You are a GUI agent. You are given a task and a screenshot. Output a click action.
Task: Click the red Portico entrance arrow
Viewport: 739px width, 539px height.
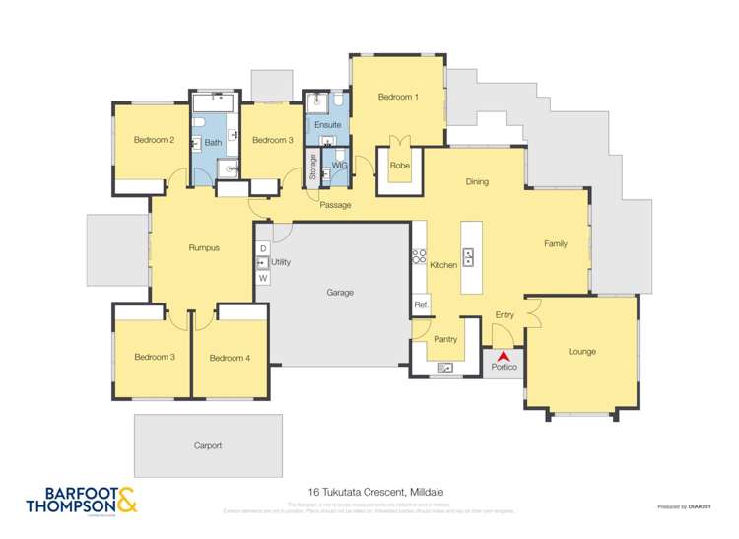click(x=504, y=355)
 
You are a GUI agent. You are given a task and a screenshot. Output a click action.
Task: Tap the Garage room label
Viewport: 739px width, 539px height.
click(x=340, y=293)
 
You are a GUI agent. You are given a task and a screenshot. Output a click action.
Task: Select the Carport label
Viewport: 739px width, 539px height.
click(x=208, y=445)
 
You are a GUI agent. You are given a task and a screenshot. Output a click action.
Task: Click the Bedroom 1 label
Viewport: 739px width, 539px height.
click(x=398, y=97)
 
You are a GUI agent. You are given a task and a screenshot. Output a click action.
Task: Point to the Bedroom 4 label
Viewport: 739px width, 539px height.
click(x=229, y=357)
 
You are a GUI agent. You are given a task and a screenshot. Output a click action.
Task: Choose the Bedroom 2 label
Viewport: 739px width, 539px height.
click(x=154, y=140)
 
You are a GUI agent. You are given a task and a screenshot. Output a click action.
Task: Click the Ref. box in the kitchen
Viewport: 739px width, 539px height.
click(x=420, y=304)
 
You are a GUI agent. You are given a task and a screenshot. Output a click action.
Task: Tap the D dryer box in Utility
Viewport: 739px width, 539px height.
click(x=263, y=247)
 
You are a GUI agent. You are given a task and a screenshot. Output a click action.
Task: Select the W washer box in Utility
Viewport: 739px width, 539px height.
click(x=263, y=279)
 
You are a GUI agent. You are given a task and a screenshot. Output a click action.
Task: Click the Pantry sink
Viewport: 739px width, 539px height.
click(x=445, y=369)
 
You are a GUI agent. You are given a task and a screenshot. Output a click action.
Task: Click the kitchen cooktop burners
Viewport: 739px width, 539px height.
click(x=418, y=255)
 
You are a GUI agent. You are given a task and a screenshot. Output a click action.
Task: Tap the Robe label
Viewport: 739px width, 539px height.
click(x=399, y=166)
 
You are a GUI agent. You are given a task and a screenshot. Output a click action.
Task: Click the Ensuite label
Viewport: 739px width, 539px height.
click(x=327, y=125)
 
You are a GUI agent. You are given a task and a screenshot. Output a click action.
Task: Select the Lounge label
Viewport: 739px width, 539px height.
click(x=581, y=352)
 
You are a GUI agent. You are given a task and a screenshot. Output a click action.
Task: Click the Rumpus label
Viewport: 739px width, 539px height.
click(x=203, y=248)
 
